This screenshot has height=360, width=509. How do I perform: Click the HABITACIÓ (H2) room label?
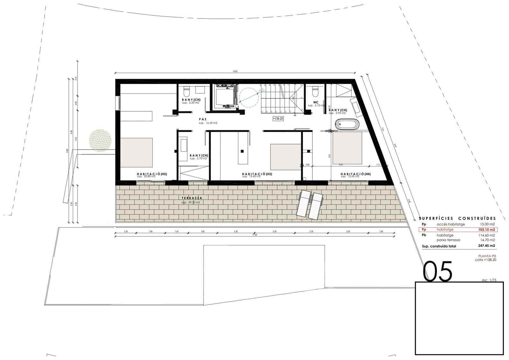[152, 174]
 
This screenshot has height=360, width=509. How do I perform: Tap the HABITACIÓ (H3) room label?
[257, 174]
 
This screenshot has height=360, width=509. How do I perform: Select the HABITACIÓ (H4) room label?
[355, 174]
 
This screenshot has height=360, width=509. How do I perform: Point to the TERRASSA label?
[192, 198]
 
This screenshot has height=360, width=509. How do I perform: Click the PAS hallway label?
[203, 119]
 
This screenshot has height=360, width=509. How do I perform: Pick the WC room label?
[316, 102]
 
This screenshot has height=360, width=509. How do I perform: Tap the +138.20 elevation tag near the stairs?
[278, 118]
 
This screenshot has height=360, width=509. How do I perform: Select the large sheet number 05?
[437, 271]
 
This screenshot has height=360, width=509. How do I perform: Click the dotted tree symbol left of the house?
[101, 140]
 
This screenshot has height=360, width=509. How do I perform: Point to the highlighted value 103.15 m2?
[486, 229]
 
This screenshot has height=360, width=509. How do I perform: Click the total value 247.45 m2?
[486, 246]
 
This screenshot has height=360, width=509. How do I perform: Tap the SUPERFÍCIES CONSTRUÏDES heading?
[457, 218]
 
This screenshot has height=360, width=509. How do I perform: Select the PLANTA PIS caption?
[487, 256]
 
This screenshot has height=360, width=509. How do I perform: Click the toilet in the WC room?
[316, 91]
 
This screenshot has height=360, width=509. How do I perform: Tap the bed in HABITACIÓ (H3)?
[285, 157]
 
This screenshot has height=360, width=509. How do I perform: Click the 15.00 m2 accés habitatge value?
[487, 224]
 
